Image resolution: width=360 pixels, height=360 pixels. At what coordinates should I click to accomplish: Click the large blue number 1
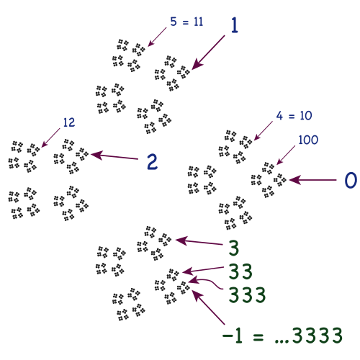click(235, 25)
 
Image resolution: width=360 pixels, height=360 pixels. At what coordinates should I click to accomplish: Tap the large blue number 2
click(152, 162)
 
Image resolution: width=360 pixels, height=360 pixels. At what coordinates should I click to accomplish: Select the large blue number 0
click(351, 180)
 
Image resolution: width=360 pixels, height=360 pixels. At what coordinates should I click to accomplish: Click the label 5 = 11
click(186, 22)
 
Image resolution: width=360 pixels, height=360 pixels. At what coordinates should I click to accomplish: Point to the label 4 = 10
click(294, 116)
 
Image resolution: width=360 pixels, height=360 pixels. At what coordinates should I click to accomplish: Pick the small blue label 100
click(308, 140)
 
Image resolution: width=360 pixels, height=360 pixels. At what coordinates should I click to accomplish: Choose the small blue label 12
click(69, 122)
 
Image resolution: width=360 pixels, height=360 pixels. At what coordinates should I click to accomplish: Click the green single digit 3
click(233, 248)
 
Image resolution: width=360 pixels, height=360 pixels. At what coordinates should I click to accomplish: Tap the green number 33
click(240, 271)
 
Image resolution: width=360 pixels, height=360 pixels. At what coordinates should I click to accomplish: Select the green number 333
click(247, 294)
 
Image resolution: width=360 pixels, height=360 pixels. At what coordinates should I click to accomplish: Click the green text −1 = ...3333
click(282, 335)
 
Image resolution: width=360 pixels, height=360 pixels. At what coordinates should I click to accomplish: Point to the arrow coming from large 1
click(208, 53)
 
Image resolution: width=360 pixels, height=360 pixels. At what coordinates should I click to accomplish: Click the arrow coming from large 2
click(114, 156)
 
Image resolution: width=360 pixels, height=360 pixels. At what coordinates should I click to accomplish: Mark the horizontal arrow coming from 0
click(312, 180)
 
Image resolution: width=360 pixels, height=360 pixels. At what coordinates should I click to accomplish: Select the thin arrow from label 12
click(50, 138)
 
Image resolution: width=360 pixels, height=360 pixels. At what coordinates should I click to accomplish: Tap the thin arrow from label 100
click(286, 156)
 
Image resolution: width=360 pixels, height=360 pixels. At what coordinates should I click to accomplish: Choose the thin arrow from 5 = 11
click(157, 37)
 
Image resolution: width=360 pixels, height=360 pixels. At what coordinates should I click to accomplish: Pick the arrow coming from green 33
click(203, 270)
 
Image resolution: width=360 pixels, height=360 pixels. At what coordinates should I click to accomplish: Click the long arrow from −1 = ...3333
click(208, 307)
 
